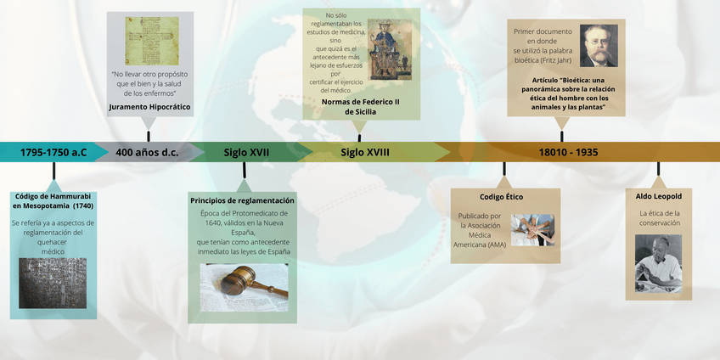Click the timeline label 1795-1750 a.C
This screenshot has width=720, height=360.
pyautogui.click(x=53, y=153)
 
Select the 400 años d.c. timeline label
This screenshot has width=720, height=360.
pyautogui.click(x=146, y=153)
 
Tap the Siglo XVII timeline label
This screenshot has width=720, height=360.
pyautogui.click(x=246, y=153)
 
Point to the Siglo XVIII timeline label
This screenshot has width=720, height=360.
pyautogui.click(x=365, y=153)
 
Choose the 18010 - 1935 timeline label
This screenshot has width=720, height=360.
pyautogui.click(x=568, y=153)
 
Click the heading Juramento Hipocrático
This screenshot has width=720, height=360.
pyautogui.click(x=149, y=108)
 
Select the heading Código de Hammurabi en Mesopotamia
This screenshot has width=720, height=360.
pyautogui.click(x=53, y=201)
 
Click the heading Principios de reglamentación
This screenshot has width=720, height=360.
pyautogui.click(x=243, y=200)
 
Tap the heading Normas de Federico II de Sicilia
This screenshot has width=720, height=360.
pyautogui.click(x=360, y=107)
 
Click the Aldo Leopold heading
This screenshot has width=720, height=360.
pyautogui.click(x=659, y=197)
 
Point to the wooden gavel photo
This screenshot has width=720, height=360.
pyautogui.click(x=243, y=287)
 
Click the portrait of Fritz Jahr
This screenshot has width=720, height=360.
pyautogui.click(x=599, y=45)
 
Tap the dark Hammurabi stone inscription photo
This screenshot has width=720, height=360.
pyautogui.click(x=53, y=283)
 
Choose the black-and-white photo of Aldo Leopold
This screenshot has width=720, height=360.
pyautogui.click(x=659, y=263)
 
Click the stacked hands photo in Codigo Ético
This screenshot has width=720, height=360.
pyautogui.click(x=532, y=229)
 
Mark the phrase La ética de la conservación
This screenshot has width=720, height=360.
pyautogui.click(x=660, y=218)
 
